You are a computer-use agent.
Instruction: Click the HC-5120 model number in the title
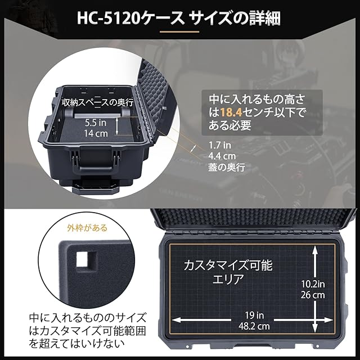[109, 19]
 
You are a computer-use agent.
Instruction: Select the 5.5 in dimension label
[96, 123]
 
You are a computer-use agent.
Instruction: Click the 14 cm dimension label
[96, 133]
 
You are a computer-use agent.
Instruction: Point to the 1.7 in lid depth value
[220, 145]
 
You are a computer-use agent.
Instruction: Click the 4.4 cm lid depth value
[222, 156]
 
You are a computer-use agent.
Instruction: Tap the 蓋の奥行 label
[227, 167]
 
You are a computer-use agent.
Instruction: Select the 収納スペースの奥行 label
[98, 103]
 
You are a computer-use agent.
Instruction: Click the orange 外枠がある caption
[87, 228]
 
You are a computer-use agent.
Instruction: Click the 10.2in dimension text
[313, 284]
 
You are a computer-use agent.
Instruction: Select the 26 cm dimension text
[313, 295]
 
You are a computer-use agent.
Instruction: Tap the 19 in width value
[254, 315]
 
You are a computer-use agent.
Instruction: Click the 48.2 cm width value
[254, 326]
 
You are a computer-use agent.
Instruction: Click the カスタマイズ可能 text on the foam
[228, 265]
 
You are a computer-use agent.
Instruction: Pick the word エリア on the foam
[228, 280]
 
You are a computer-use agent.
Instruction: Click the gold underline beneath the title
[179, 31]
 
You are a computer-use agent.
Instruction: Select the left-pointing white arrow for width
[201, 320]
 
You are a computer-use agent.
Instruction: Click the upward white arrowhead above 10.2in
[316, 249]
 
